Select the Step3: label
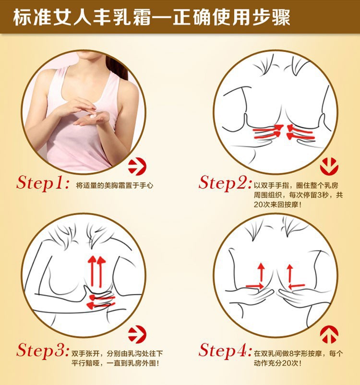tap(43, 350)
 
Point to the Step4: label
tap(225, 350)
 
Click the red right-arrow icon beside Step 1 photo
tap(137, 167)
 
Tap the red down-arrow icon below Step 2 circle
tap(329, 167)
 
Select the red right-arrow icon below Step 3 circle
tap(137, 334)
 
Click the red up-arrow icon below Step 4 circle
tap(329, 334)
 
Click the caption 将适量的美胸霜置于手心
tap(115, 185)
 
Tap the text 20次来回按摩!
tap(277, 205)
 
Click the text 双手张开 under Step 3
tap(85, 354)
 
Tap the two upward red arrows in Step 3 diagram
tap(97, 272)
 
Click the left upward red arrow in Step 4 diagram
tap(261, 273)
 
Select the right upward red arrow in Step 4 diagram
tap(290, 273)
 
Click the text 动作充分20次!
tap(277, 363)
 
